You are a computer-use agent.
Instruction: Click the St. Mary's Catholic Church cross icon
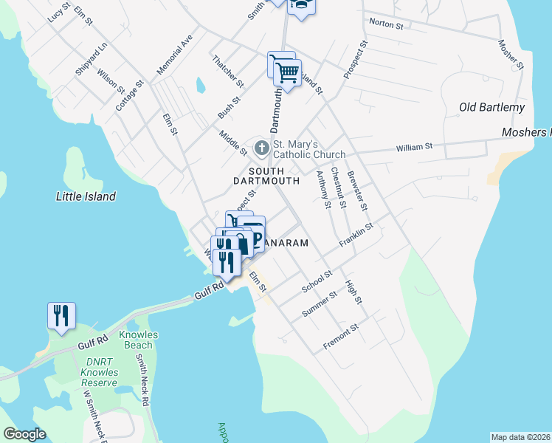(261, 148)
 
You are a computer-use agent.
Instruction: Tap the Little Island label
(86, 196)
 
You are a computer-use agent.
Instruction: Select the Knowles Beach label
(138, 340)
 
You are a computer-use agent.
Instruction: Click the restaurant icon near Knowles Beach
(61, 316)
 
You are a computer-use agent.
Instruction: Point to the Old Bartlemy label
(491, 107)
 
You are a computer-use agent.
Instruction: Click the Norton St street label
(386, 24)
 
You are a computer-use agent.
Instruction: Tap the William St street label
(414, 148)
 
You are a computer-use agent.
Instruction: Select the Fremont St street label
(340, 337)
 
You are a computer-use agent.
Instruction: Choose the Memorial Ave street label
(174, 53)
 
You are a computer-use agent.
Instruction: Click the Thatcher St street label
(227, 69)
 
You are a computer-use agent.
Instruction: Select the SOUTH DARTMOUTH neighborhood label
(266, 175)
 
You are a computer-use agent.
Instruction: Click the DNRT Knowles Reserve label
(99, 372)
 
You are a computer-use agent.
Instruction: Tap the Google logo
(24, 434)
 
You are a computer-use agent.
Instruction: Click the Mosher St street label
(511, 55)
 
